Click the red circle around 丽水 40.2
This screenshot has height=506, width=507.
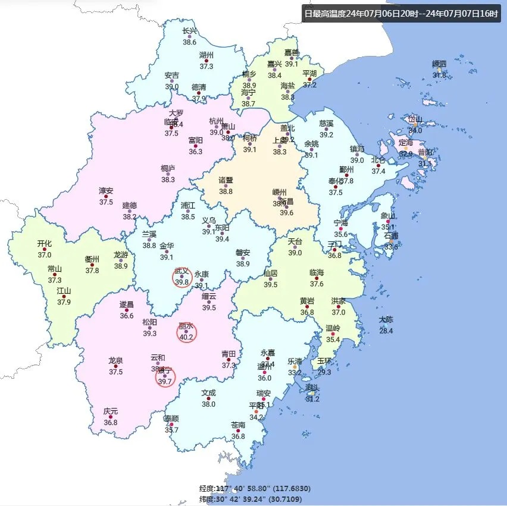[186, 332]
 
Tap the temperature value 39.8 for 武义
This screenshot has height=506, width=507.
[182, 282]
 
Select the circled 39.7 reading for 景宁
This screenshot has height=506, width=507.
[165, 382]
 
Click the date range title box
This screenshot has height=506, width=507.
[400, 13]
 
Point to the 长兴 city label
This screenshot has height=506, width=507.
[189, 31]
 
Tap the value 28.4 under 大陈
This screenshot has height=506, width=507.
[386, 331]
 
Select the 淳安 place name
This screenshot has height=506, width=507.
[106, 191]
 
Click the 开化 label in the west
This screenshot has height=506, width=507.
[45, 243]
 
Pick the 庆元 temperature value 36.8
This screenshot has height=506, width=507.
[111, 422]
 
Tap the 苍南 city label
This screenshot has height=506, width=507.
[238, 425]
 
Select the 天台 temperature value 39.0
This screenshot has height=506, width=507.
[295, 253]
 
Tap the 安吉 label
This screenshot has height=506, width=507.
[171, 76]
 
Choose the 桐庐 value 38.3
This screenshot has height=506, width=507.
[168, 180]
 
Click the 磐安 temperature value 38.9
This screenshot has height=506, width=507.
[243, 264]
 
